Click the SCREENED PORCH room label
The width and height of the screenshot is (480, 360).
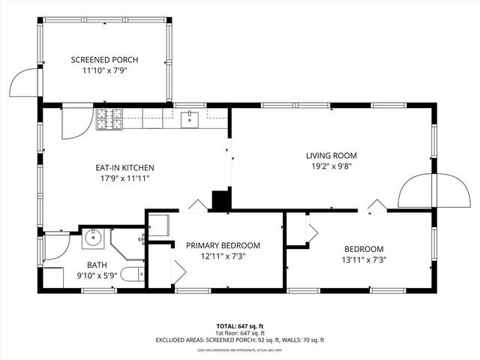104,60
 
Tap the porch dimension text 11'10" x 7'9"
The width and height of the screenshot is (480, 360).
104,71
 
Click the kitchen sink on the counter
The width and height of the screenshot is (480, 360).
190,118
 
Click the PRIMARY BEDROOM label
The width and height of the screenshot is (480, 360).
223,245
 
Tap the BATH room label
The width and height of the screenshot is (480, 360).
97,265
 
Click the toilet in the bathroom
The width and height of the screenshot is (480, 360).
132,276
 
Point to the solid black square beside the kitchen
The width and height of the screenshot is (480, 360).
220,200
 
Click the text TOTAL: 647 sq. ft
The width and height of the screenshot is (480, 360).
240,326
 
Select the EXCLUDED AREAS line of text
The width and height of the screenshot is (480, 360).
240,340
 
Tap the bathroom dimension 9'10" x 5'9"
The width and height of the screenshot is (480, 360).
97,276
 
